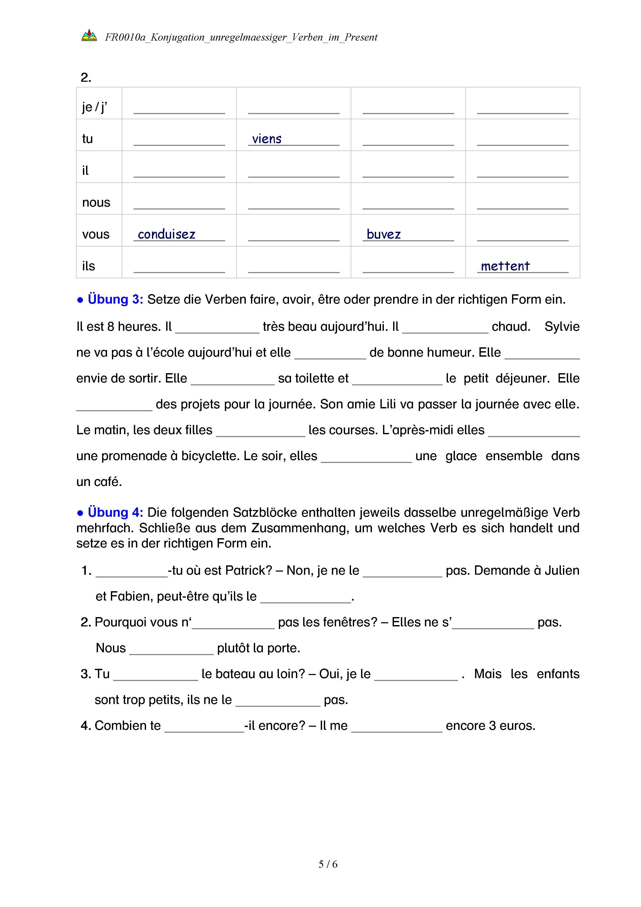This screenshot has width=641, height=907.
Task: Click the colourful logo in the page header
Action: pyautogui.click(x=89, y=35)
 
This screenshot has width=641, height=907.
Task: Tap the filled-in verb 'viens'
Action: pyautogui.click(x=267, y=139)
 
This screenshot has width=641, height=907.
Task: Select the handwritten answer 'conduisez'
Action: pyautogui.click(x=166, y=234)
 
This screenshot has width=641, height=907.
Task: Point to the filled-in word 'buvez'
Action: pyautogui.click(x=383, y=234)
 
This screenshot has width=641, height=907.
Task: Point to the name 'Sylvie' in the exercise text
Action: pyautogui.click(x=562, y=327)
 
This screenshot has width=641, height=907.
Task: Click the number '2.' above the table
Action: pyautogui.click(x=86, y=77)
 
